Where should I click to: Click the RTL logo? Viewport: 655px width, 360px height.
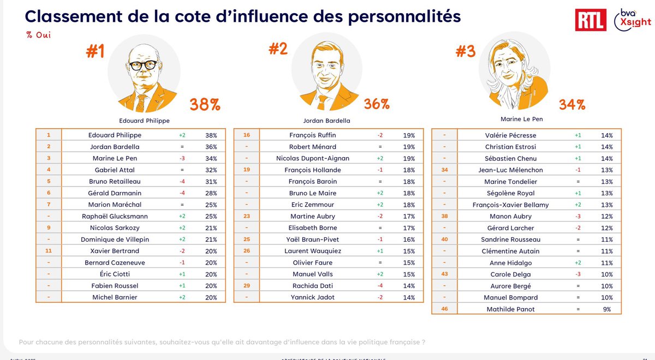coord(591,21)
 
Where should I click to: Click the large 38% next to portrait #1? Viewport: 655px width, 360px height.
coord(205,104)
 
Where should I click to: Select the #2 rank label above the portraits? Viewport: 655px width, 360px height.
coord(278,50)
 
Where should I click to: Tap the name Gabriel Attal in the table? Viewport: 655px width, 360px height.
coord(115,170)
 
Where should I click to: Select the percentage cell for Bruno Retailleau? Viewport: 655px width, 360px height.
coord(211,181)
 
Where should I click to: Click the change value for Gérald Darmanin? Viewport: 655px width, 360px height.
coord(183,193)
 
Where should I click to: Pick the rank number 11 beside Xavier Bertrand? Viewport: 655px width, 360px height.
coord(49,250)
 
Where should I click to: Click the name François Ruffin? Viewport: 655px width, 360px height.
coord(312,135)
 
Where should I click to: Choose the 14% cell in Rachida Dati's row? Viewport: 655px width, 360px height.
coord(409,285)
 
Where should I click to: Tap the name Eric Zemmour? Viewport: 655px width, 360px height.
coord(312,204)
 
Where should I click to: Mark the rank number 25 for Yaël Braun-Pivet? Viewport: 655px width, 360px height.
coord(247,239)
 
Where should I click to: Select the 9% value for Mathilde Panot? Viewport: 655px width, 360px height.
coord(607,309)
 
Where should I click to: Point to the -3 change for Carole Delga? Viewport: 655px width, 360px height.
coord(578,274)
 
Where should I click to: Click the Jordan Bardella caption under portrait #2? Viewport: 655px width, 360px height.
coord(326,121)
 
